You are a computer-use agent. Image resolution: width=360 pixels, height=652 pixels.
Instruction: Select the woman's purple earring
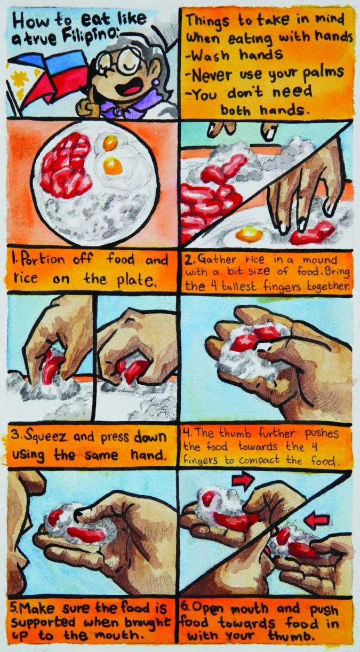click(156, 81)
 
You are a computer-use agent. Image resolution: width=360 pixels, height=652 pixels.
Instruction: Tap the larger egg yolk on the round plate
click(113, 165)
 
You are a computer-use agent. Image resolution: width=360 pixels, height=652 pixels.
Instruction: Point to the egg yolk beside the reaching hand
click(250, 234)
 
